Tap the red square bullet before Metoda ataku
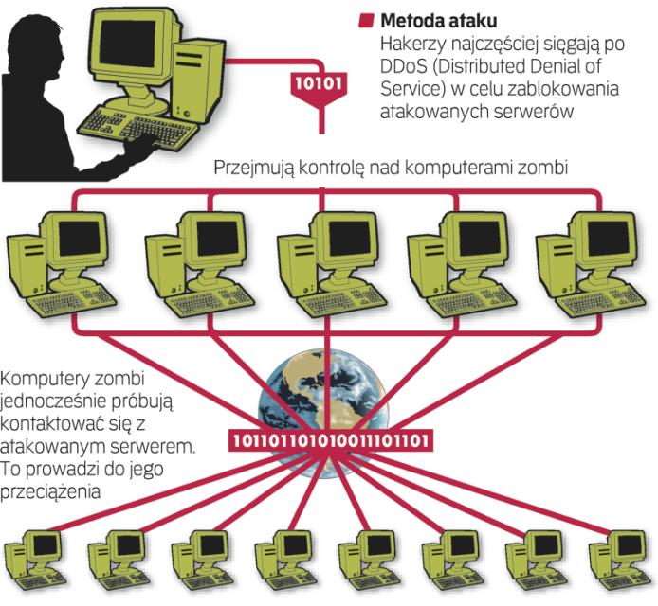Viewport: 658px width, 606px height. point(365,19)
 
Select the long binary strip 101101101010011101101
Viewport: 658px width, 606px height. point(329,440)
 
